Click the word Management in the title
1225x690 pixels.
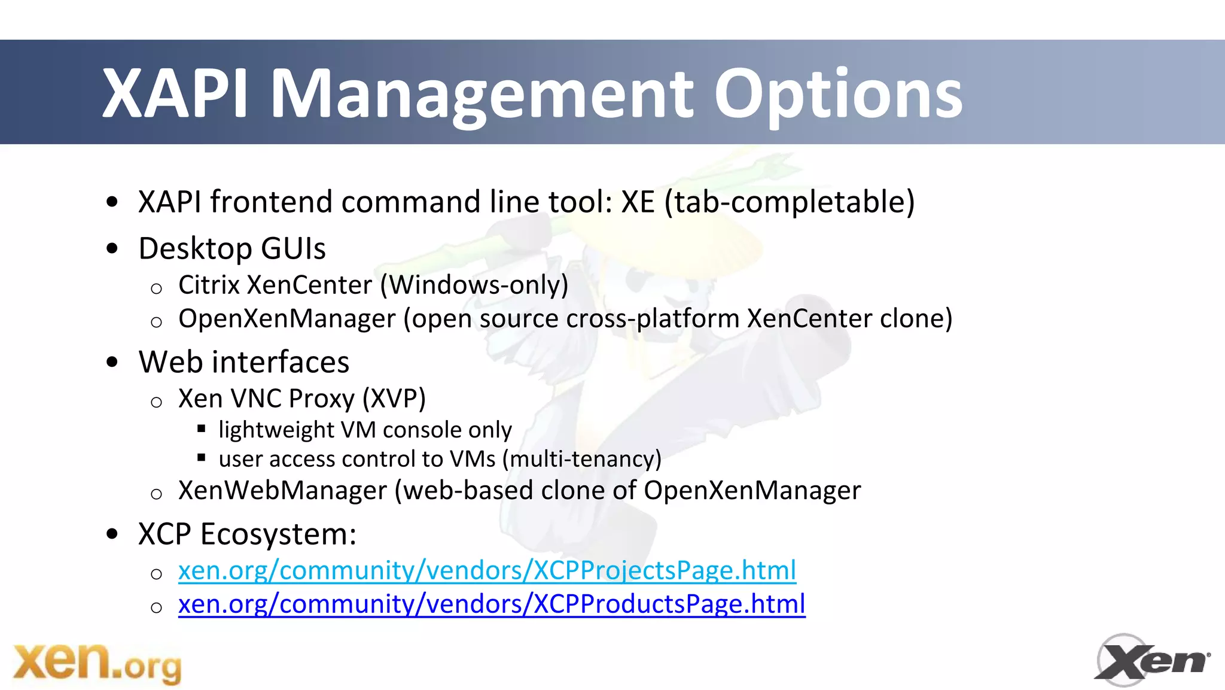point(482,94)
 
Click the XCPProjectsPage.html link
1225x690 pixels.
point(487,570)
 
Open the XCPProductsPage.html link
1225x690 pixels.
point(492,604)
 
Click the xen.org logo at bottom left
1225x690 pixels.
point(97,663)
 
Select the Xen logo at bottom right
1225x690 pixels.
point(1151,660)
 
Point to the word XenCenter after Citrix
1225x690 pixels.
point(309,285)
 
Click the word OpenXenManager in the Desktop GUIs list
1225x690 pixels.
point(287,318)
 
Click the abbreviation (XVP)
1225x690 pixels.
point(394,399)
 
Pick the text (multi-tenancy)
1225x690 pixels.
point(581,459)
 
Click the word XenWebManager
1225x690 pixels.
point(282,491)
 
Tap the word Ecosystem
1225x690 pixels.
point(278,534)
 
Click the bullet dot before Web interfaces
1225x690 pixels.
point(112,362)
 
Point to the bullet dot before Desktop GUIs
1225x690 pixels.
point(112,248)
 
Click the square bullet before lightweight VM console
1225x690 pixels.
point(202,428)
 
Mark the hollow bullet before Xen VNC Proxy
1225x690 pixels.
point(157,402)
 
